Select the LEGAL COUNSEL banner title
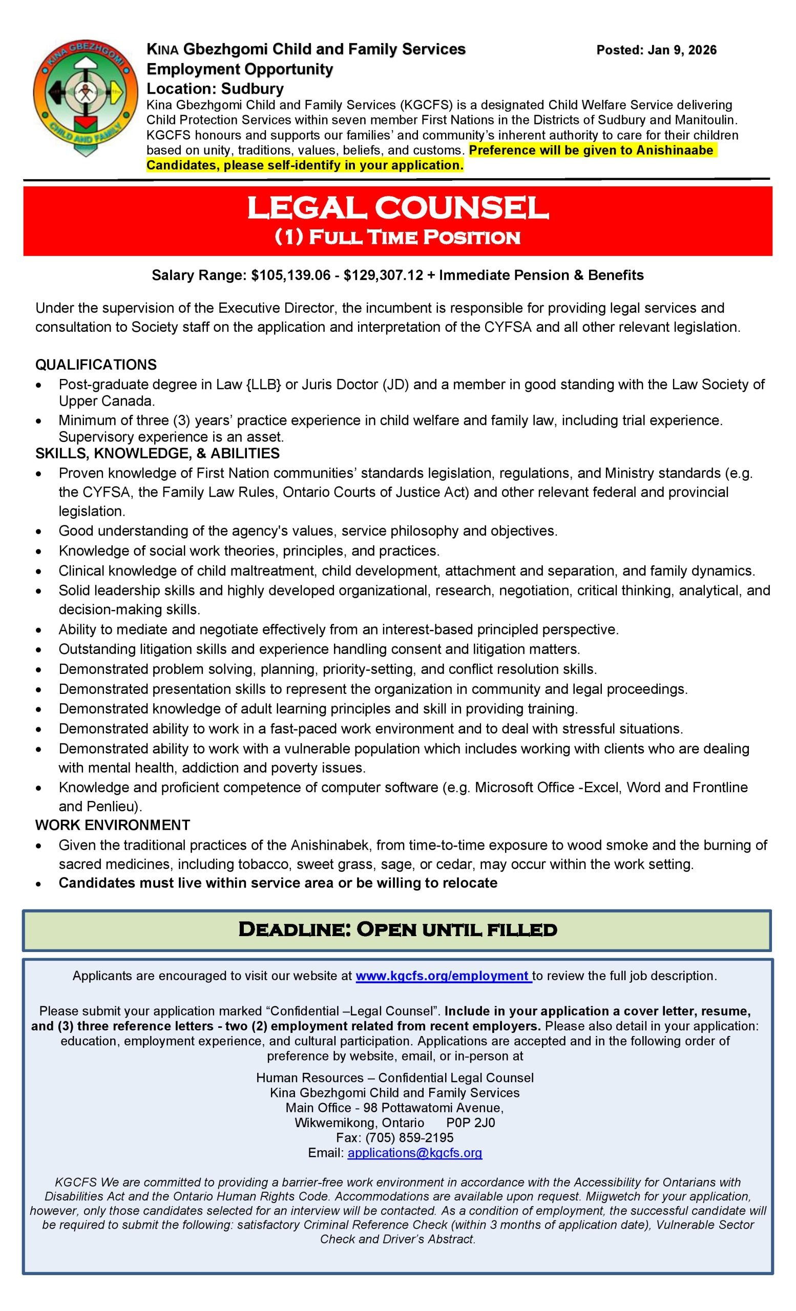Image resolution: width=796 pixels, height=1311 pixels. click(x=397, y=208)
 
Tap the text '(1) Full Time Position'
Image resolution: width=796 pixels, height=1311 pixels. click(x=397, y=237)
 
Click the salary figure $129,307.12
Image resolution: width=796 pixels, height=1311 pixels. click(x=384, y=275)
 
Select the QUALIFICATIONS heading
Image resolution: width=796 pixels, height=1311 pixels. click(x=96, y=365)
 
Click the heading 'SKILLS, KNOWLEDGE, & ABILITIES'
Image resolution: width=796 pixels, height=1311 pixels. click(x=157, y=453)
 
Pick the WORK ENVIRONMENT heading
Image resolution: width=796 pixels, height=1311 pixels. click(x=112, y=825)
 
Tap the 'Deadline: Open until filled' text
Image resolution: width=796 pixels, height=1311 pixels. click(x=397, y=929)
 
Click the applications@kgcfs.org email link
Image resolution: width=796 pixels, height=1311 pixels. click(x=415, y=1152)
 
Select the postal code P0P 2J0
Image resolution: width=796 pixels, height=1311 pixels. click(x=470, y=1123)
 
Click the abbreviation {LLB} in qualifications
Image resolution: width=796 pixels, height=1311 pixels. click(x=264, y=384)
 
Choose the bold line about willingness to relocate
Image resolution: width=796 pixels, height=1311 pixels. click(x=278, y=883)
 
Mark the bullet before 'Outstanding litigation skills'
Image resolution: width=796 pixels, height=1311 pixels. click(x=39, y=650)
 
